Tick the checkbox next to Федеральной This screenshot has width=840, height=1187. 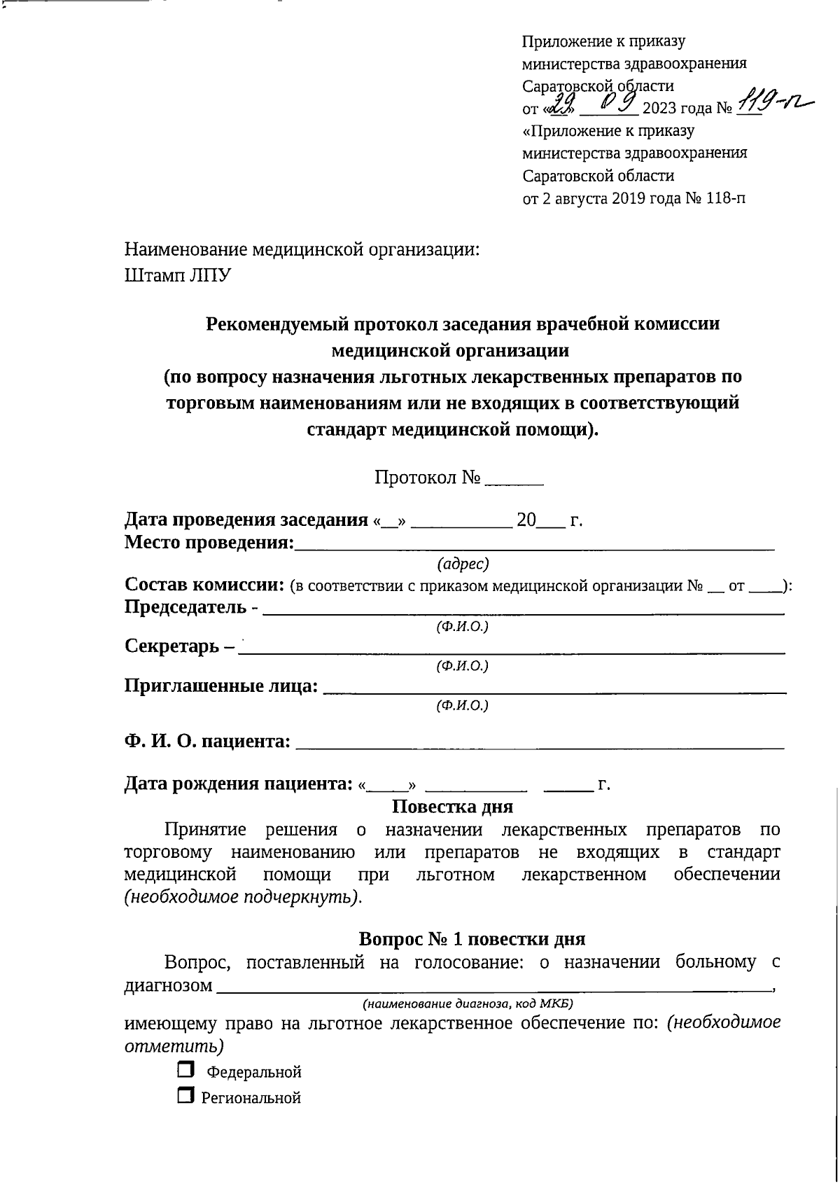pos(185,1070)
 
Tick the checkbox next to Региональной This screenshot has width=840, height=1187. pos(185,1096)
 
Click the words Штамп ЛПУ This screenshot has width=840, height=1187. pos(178,275)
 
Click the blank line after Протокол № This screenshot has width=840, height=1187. pos(514,479)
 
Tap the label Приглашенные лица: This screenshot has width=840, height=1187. pos(221,686)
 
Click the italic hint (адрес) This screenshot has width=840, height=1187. pos(462,564)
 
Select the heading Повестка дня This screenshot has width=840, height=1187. pos(452,806)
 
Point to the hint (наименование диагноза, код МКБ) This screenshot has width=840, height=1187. pos(468,1004)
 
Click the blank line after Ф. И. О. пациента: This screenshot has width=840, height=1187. pos(539,742)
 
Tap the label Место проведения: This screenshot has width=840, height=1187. pos(209,542)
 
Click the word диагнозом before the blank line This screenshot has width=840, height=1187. pos(168,985)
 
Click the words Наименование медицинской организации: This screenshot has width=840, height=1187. pos(302,249)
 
